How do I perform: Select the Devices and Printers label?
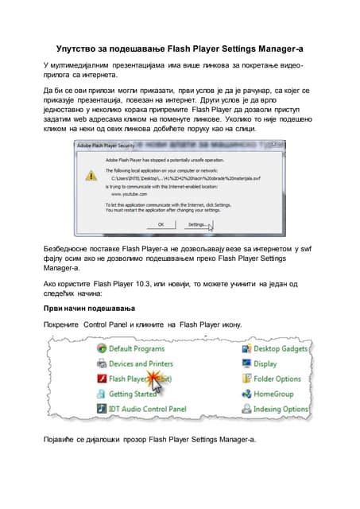coord(141,363)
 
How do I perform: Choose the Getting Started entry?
coord(133,394)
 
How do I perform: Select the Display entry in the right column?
coord(265,363)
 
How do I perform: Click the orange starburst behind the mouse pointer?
coord(163,384)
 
